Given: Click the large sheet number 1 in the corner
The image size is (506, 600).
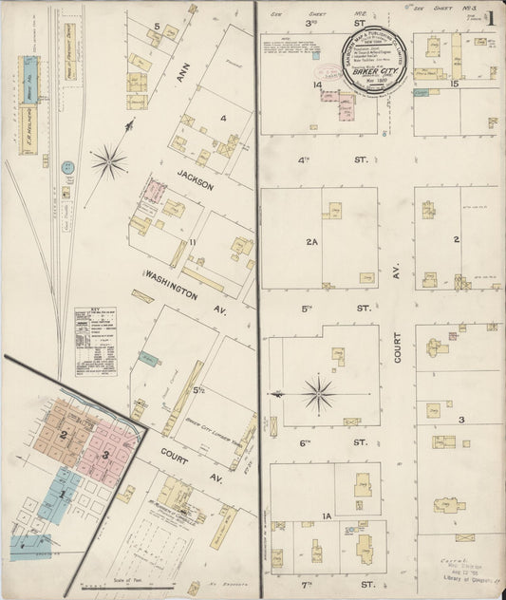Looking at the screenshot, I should coord(492,17).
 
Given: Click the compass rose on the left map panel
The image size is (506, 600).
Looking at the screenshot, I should coord(109,161).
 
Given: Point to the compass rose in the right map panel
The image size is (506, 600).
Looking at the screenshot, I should coord(317,392).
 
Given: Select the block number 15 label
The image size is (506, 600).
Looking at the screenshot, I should coord(455,85).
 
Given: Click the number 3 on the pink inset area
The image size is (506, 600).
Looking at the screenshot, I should coord(106,454).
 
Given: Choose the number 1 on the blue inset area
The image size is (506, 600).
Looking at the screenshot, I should coord(63,495).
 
